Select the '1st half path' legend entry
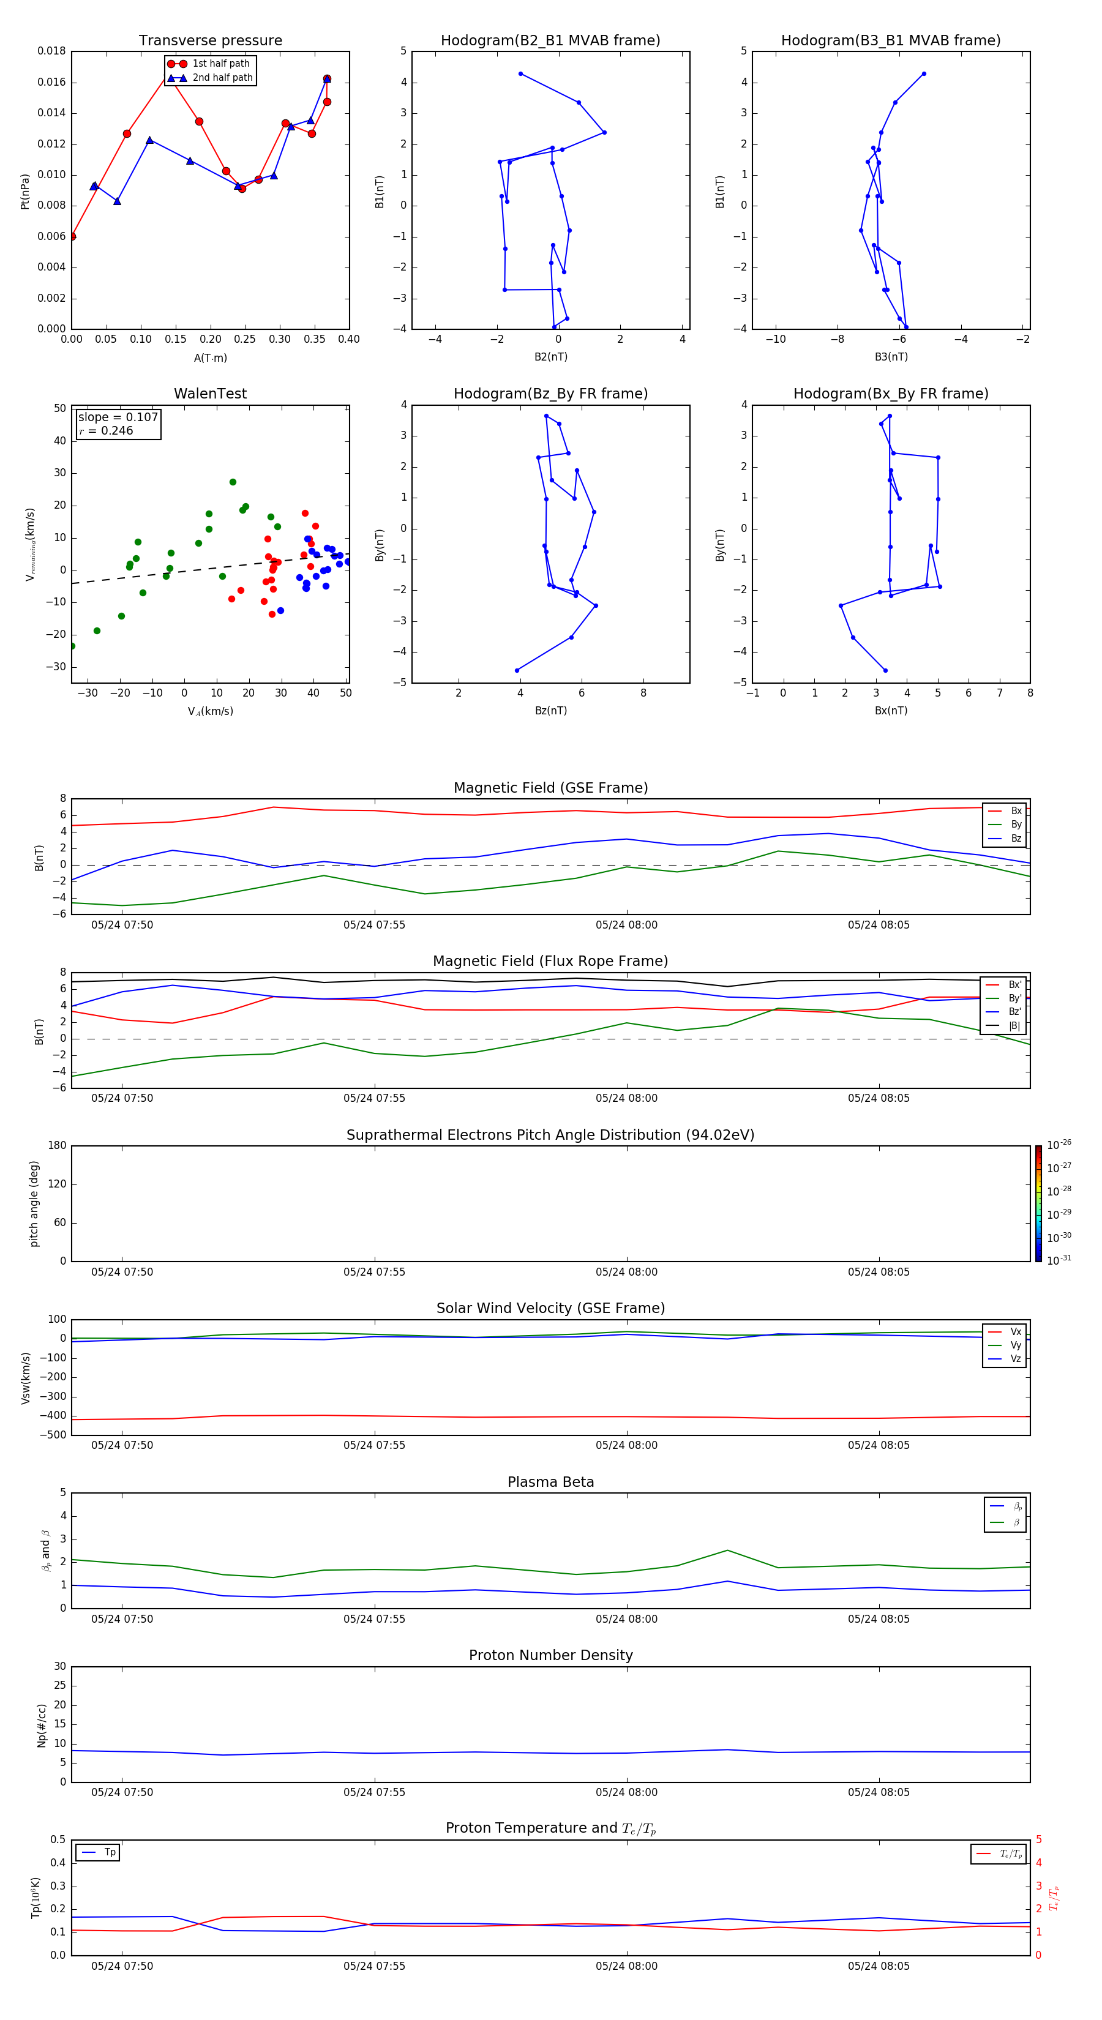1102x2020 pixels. coord(220,64)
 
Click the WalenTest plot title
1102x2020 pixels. coord(210,394)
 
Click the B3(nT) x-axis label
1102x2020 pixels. coord(891,357)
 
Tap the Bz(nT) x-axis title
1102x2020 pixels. coord(550,711)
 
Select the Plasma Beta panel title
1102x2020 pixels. coord(550,1482)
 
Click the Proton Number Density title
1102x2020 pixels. coord(550,1655)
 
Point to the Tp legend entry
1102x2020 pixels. coord(109,1852)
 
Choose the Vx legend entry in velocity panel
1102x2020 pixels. coord(1015,1331)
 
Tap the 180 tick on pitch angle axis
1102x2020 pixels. coord(58,1146)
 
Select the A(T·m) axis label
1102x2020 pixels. coord(210,358)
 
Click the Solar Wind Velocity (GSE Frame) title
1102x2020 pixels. coord(550,1308)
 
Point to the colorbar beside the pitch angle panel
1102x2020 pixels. coord(1038,1203)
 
